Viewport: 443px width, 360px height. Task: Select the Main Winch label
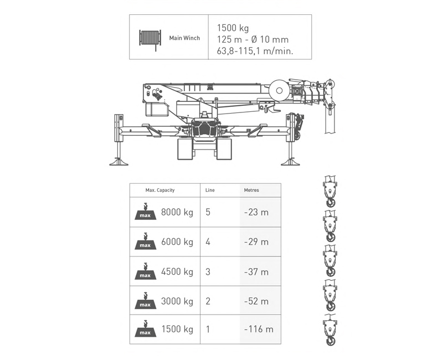pyautogui.click(x=184, y=38)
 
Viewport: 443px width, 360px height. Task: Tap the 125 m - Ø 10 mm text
pyautogui.click(x=253, y=39)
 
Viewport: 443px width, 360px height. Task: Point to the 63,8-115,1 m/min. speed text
pyautogui.click(x=255, y=51)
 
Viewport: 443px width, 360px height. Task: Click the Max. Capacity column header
pyautogui.click(x=160, y=190)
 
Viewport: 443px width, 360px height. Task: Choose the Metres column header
pyautogui.click(x=251, y=190)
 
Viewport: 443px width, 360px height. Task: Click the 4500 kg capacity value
pyautogui.click(x=177, y=271)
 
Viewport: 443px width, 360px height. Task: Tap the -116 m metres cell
pyautogui.click(x=259, y=329)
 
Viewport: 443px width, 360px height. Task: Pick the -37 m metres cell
pyautogui.click(x=256, y=271)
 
